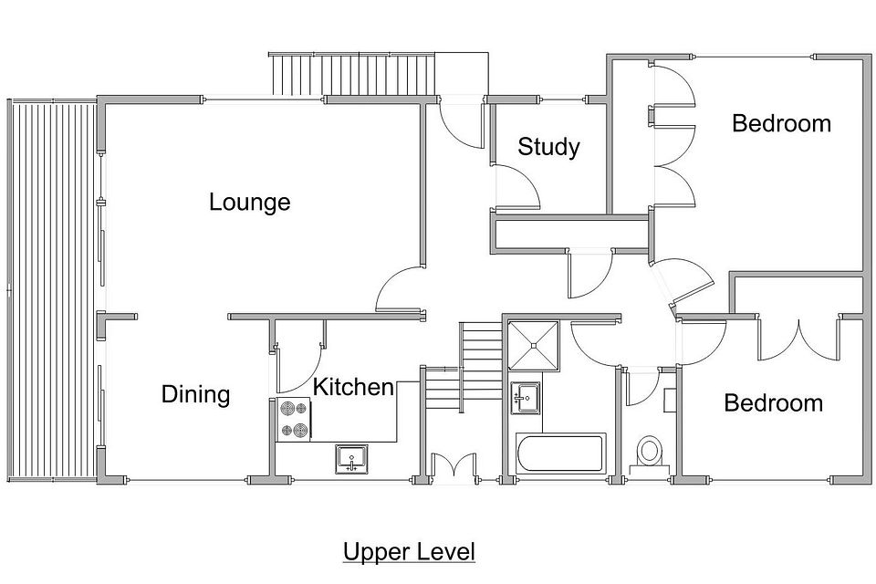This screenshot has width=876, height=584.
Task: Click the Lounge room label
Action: (x=250, y=203)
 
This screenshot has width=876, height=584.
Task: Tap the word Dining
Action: (x=195, y=394)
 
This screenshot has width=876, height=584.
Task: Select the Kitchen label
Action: (x=353, y=387)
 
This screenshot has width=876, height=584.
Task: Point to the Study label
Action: (x=548, y=148)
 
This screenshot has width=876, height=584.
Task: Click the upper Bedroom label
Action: (x=782, y=123)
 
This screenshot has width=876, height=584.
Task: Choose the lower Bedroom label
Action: (x=774, y=403)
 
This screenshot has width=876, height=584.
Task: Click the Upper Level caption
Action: (x=409, y=551)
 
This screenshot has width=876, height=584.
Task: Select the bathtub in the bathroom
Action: (x=560, y=454)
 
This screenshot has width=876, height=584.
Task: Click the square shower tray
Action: (x=534, y=345)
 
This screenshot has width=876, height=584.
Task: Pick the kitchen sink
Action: (x=351, y=459)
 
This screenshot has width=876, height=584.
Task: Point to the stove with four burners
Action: (x=293, y=420)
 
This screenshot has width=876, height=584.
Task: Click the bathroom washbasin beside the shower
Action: (x=526, y=398)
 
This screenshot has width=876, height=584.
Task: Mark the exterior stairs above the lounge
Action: (x=353, y=74)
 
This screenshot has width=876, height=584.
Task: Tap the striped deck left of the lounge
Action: (x=51, y=289)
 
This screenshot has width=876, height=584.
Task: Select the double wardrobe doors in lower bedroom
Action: (x=799, y=341)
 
